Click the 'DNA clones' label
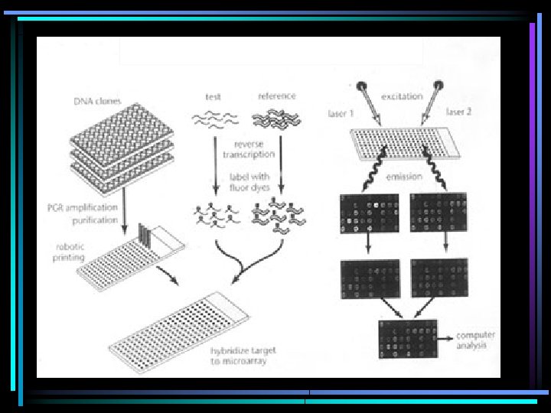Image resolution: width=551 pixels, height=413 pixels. click(x=97, y=101)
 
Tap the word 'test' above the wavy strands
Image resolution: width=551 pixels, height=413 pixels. click(x=214, y=97)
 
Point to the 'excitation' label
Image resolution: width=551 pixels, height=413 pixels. click(x=400, y=96)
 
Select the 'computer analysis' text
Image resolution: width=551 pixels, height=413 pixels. click(x=476, y=340)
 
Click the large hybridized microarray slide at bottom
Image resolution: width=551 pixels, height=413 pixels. click(x=180, y=330)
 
